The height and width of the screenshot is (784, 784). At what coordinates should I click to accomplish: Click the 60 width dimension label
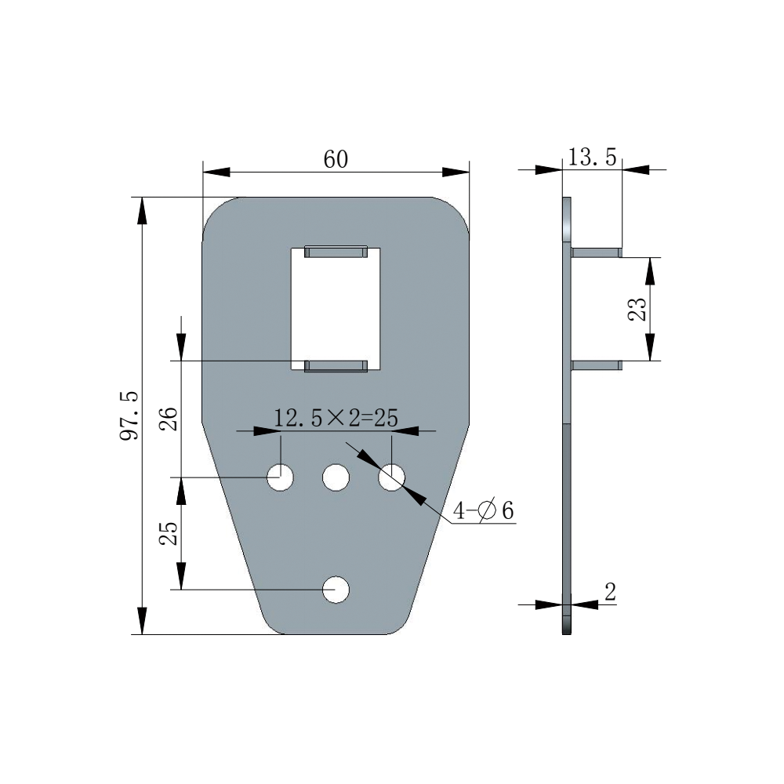pyautogui.click(x=336, y=159)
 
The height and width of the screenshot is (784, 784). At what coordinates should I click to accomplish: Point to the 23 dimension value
pyautogui.click(x=637, y=310)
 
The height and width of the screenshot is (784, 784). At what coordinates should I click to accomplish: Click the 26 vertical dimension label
pyautogui.click(x=169, y=419)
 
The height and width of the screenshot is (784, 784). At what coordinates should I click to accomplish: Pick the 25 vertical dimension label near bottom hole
pyautogui.click(x=169, y=533)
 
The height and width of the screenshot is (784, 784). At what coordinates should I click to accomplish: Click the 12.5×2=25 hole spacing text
pyautogui.click(x=336, y=418)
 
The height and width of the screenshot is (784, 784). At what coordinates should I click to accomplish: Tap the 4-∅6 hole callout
pyautogui.click(x=484, y=510)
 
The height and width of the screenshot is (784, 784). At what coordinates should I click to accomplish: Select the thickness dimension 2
pyautogui.click(x=610, y=592)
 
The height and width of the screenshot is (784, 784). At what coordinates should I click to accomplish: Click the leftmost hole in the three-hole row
pyautogui.click(x=281, y=477)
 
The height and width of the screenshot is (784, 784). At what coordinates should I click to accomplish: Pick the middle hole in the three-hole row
pyautogui.click(x=336, y=477)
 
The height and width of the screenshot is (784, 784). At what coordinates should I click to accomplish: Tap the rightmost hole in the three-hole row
pyautogui.click(x=391, y=477)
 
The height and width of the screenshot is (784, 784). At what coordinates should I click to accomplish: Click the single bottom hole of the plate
pyautogui.click(x=336, y=590)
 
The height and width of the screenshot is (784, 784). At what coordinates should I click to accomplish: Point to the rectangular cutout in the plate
pyautogui.click(x=336, y=309)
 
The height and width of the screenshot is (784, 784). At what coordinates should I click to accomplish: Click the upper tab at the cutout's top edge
pyautogui.click(x=336, y=252)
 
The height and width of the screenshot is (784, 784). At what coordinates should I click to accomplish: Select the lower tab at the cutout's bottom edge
pyautogui.click(x=336, y=366)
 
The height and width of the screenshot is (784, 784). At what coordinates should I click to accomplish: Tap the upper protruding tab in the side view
pyautogui.click(x=597, y=252)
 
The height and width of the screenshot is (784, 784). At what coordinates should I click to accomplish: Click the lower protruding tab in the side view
pyautogui.click(x=597, y=365)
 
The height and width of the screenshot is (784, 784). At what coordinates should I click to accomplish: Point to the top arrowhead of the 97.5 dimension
pyautogui.click(x=143, y=210)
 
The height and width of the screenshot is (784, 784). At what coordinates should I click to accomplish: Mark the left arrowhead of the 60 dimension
pyautogui.click(x=216, y=172)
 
